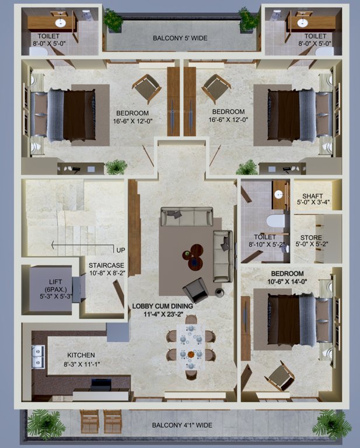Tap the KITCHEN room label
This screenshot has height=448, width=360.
tap(81, 355)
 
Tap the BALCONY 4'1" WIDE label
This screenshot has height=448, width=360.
tap(181, 425)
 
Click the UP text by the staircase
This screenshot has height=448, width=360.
tap(121, 250)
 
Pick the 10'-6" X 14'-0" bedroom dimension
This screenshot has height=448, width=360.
tap(288, 283)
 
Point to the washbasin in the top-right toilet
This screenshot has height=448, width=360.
tap(302, 23)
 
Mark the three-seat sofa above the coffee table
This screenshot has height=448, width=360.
tap(186, 218)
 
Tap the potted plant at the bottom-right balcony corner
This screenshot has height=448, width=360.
tap(331, 423)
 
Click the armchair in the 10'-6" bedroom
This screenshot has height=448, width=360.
tap(279, 375)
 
